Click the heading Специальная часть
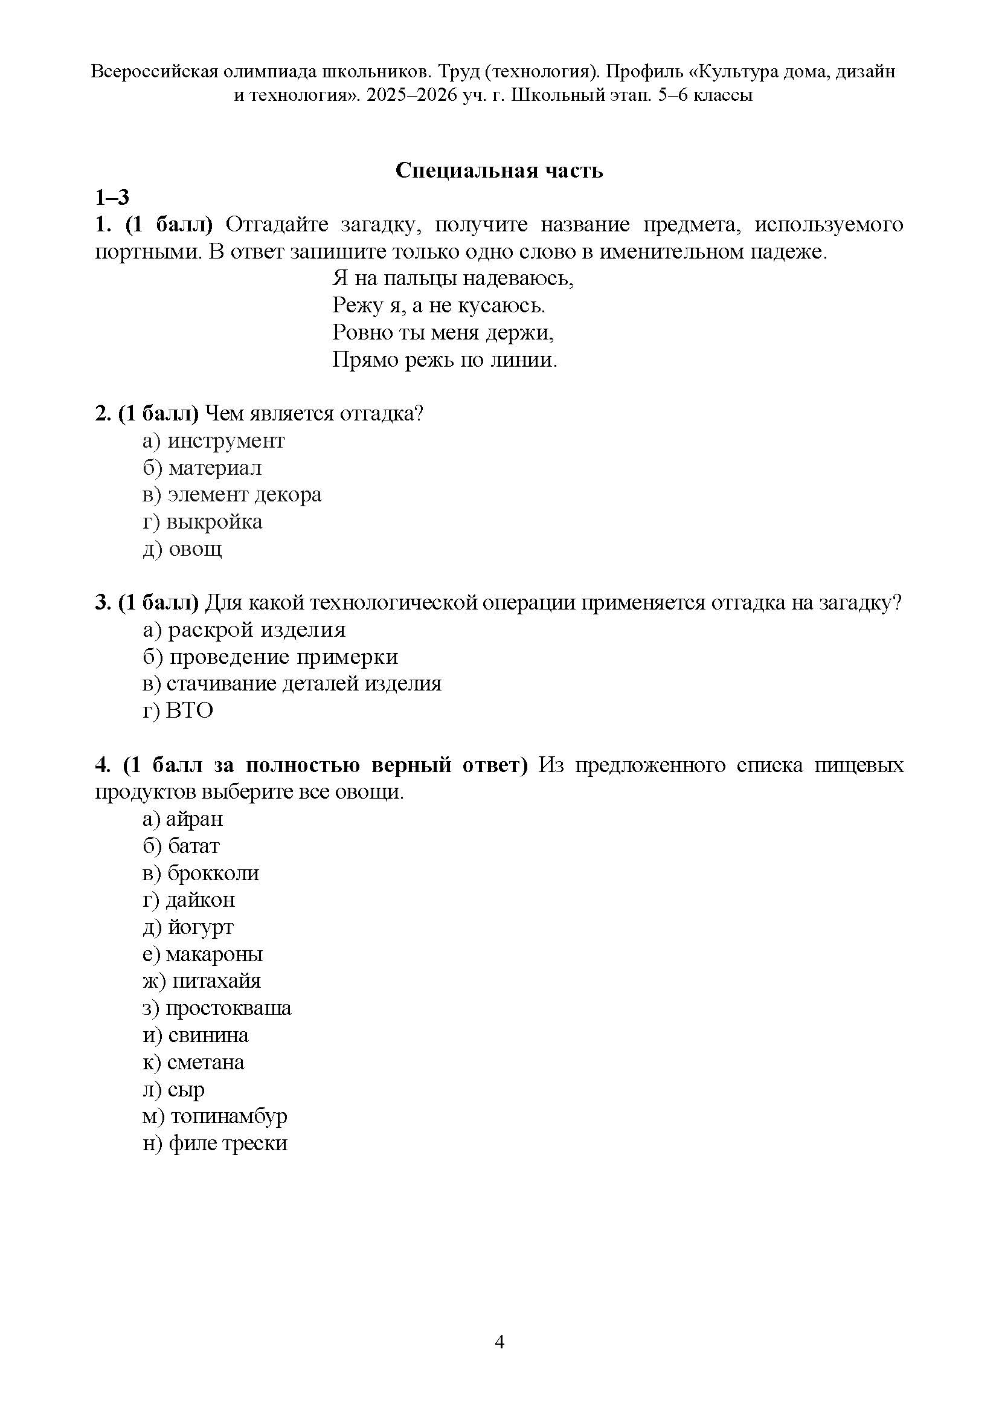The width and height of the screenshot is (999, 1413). click(x=499, y=170)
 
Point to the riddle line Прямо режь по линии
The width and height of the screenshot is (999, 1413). click(x=445, y=360)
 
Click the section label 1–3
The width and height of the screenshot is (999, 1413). click(x=112, y=198)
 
